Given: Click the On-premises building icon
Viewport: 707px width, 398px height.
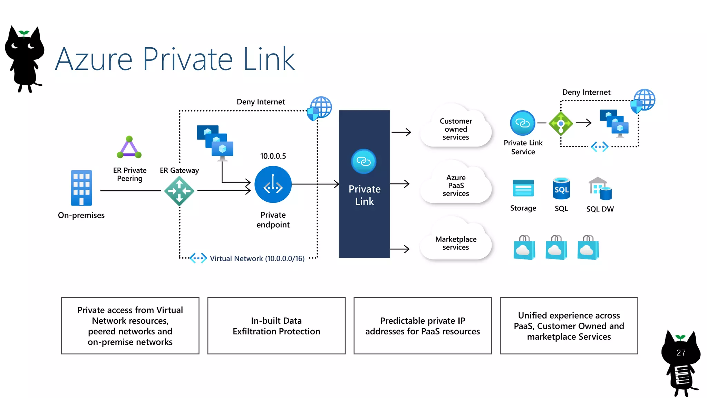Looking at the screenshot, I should [x=81, y=188].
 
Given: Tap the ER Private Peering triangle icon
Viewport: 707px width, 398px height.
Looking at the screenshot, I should [x=129, y=148].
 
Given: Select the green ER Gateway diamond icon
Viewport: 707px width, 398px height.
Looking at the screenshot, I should [x=179, y=191].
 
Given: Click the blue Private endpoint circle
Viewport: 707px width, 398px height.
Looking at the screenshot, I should [x=273, y=184].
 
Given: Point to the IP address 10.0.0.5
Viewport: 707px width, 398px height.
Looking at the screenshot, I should [x=273, y=156].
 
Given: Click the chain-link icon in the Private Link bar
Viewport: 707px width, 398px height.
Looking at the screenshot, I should [x=364, y=161].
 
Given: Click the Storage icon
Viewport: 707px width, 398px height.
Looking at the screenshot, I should [x=523, y=188].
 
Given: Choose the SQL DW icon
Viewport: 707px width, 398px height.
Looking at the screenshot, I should [x=600, y=189].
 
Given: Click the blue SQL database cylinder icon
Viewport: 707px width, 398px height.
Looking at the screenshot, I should [x=561, y=189].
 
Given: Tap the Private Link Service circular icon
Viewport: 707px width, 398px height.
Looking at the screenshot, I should [x=522, y=123].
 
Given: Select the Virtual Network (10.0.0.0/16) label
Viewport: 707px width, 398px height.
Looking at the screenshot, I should [x=257, y=258].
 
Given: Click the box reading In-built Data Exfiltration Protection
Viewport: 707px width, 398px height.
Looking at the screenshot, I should [x=276, y=325].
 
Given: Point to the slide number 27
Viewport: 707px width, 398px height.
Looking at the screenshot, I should [x=680, y=353].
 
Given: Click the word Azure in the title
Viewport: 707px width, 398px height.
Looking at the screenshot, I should [x=94, y=59].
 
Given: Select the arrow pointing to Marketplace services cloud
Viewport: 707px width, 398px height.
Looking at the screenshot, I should [x=400, y=249].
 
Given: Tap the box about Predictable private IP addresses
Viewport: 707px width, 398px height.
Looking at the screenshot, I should [x=423, y=325].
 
